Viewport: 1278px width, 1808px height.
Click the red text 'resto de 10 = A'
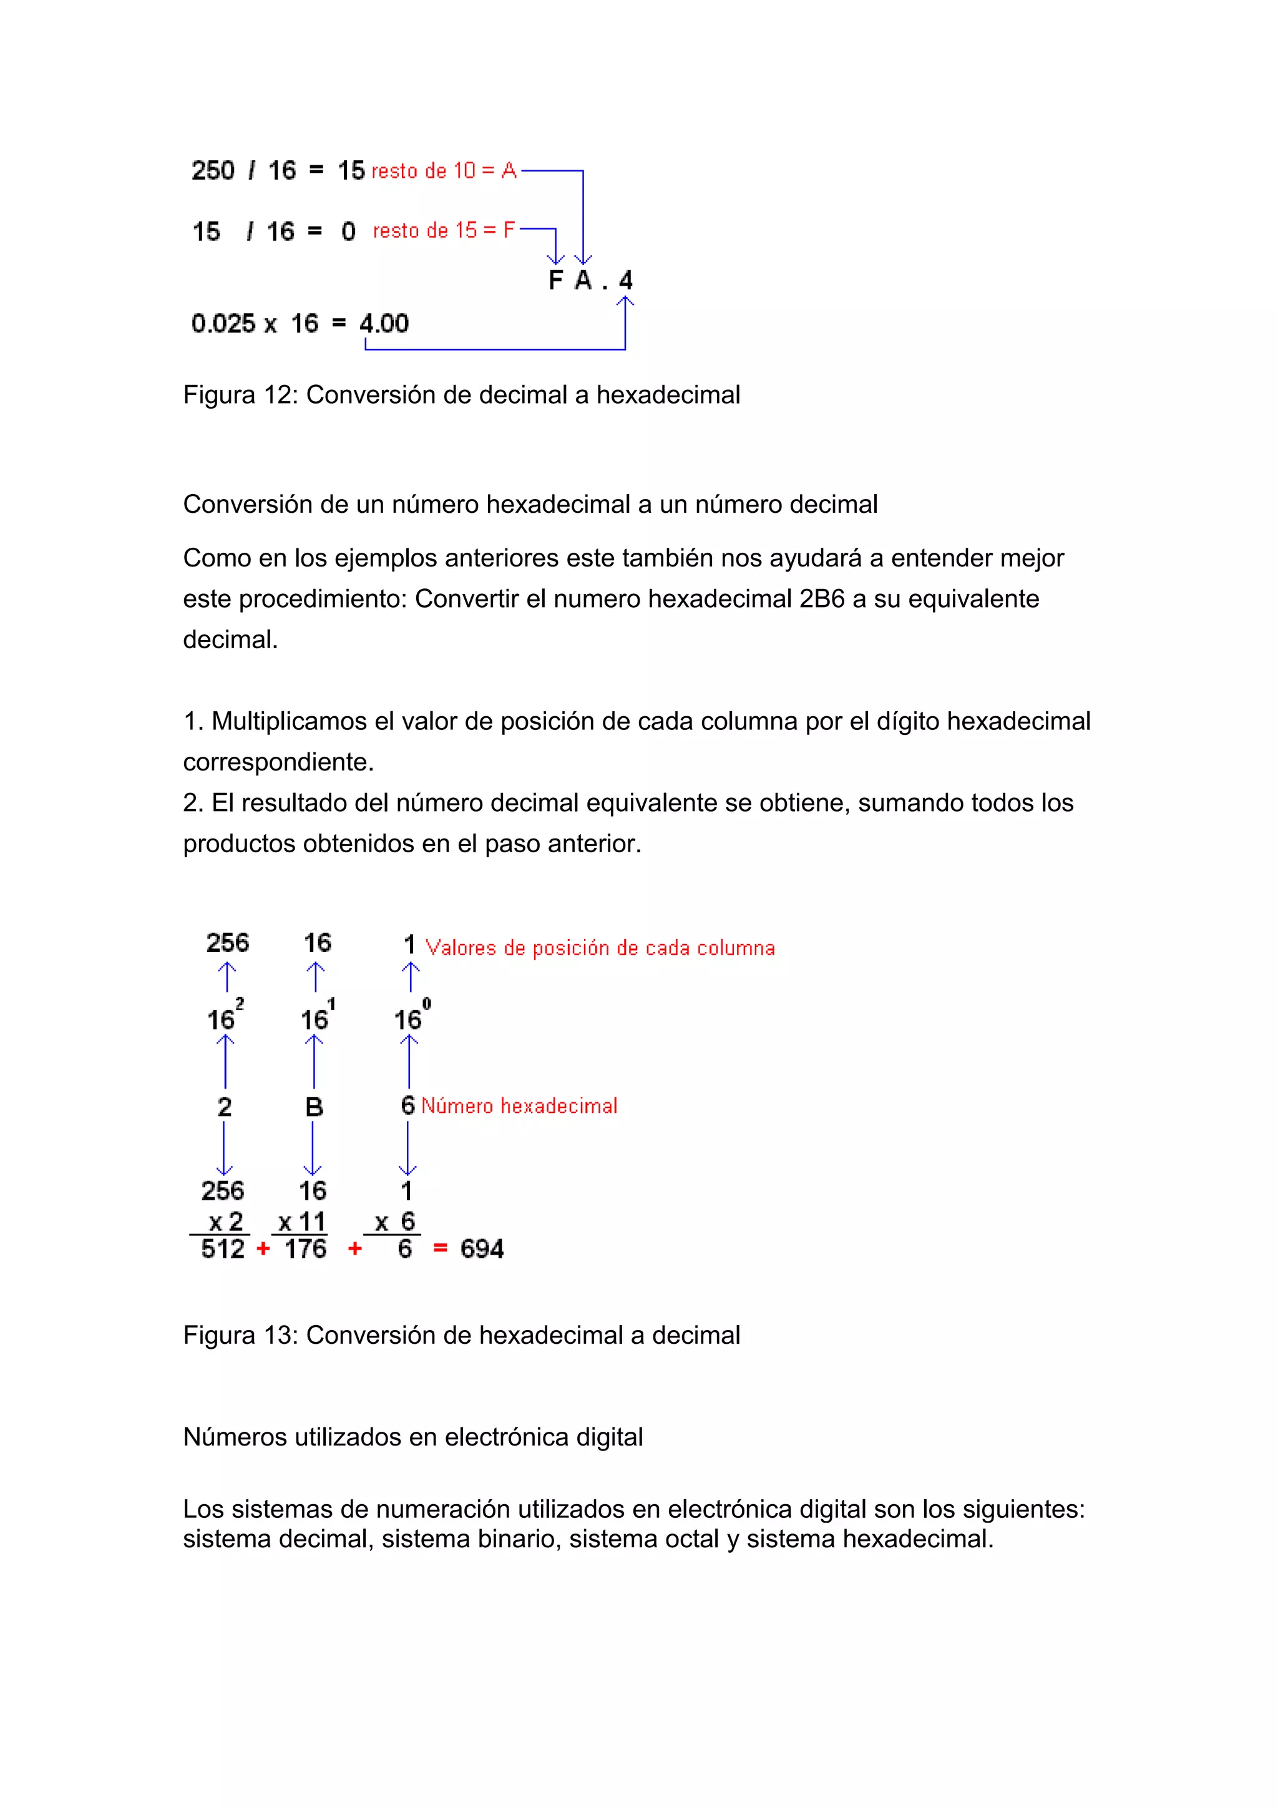click(x=443, y=171)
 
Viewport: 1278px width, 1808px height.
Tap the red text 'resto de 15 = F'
click(x=443, y=231)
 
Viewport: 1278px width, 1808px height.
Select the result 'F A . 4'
click(x=590, y=280)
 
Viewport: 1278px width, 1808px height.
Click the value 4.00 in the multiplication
click(x=384, y=324)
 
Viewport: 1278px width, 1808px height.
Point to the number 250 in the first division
click(x=213, y=171)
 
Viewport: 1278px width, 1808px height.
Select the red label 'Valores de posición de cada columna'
click(x=600, y=948)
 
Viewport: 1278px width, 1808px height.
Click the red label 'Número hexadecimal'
click(x=519, y=1106)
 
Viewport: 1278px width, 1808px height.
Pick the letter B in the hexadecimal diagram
click(x=314, y=1107)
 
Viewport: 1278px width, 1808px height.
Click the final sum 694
click(x=482, y=1249)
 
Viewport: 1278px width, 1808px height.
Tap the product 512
click(x=223, y=1249)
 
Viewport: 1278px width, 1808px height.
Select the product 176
click(x=306, y=1249)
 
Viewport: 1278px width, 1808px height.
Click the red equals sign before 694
click(x=440, y=1249)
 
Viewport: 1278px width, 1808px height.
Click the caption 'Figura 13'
click(x=240, y=1336)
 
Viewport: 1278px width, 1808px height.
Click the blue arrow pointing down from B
click(x=313, y=1150)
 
